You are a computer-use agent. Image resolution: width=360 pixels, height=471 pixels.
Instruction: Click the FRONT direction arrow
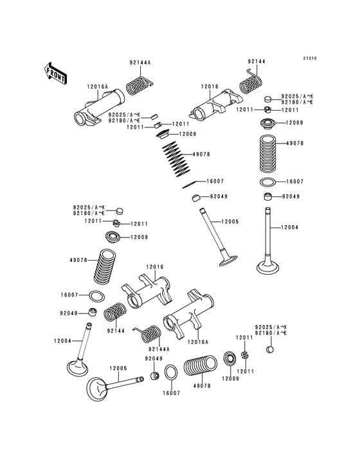tap(55, 73)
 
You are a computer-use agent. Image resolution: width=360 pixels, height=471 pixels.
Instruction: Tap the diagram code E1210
tap(310, 59)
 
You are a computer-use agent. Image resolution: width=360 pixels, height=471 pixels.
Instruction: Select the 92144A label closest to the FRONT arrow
tap(139, 62)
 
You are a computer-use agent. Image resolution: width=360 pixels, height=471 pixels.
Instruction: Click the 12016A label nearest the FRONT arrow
tap(97, 87)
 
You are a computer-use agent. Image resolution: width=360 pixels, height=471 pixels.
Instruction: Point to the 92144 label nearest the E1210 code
tap(256, 61)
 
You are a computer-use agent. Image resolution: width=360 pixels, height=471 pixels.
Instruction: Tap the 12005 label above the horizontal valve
tap(118, 368)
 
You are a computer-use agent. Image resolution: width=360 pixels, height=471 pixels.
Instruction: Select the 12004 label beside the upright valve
tap(290, 227)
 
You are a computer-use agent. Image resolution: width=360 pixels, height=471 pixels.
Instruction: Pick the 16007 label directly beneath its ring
tap(171, 393)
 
